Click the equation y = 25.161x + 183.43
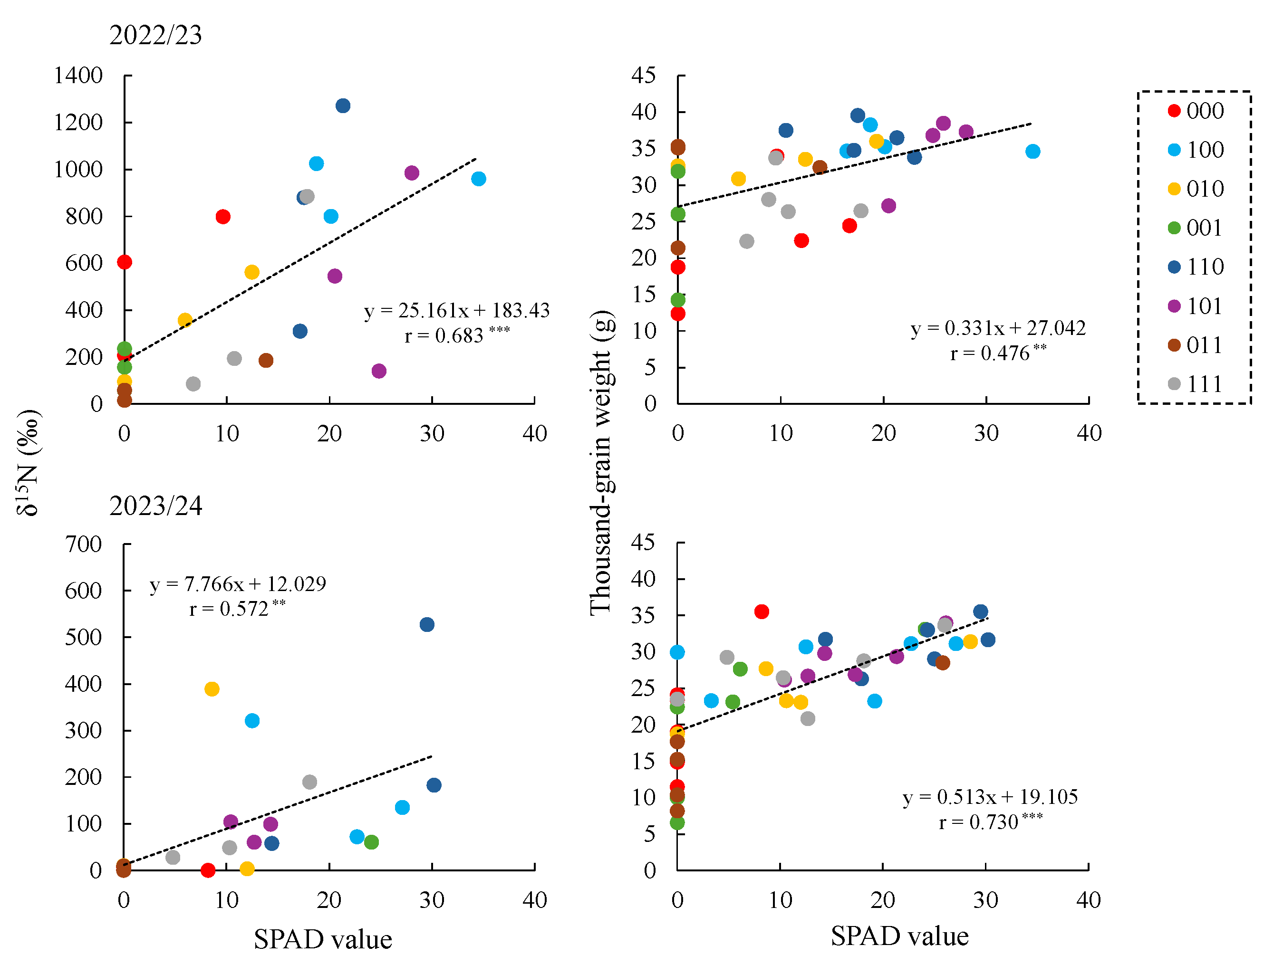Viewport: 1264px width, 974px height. point(457,311)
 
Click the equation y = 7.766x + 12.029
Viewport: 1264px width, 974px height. point(237,585)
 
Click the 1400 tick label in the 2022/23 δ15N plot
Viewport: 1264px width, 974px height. point(78,76)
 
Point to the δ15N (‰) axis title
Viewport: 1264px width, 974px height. point(28,463)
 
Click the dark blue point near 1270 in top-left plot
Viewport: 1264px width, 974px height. point(343,106)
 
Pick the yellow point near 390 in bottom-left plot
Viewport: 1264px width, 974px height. point(212,689)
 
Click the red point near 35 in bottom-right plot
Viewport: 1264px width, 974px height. point(762,612)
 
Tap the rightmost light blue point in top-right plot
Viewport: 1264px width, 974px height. point(1032,152)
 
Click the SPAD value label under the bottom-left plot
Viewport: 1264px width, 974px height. point(322,940)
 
